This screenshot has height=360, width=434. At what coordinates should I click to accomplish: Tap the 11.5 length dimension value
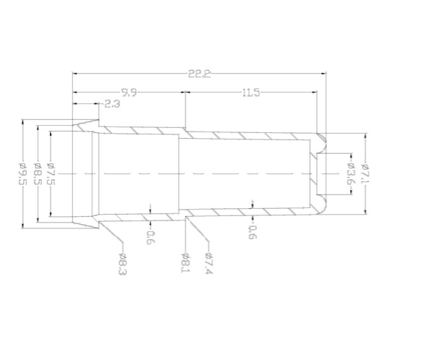click(251, 92)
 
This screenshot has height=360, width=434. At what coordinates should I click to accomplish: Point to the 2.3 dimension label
click(112, 104)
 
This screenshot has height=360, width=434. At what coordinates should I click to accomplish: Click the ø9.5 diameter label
click(22, 174)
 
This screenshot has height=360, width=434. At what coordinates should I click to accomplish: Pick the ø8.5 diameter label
click(38, 174)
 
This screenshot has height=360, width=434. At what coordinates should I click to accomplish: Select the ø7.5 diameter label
click(51, 174)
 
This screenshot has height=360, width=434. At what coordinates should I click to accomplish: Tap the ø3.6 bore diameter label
click(350, 174)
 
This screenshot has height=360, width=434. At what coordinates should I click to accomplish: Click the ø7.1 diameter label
click(367, 173)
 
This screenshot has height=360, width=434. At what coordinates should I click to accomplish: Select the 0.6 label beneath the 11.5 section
click(252, 233)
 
